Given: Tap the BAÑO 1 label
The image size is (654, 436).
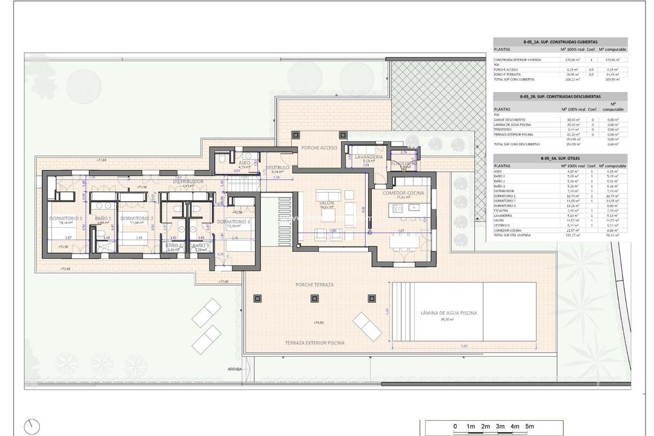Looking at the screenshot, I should click(102, 218).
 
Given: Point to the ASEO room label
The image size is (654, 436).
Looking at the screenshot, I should click(244, 163).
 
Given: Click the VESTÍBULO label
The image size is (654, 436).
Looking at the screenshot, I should click(278, 167).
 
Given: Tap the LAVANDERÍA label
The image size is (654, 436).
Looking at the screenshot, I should click(366, 156).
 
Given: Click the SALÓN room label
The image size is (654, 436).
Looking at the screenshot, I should click(327, 202).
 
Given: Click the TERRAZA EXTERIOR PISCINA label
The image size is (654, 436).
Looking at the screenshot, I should click(315, 343).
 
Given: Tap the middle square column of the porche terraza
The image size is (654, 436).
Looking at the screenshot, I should click(314, 297).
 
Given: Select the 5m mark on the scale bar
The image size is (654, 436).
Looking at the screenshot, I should click(530, 427).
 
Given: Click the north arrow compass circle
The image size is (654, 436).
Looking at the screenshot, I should click(32, 426).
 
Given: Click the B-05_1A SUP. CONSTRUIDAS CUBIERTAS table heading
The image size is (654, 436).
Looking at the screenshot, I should click(560, 42).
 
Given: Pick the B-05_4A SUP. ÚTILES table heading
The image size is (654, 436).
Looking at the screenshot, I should click(560, 158).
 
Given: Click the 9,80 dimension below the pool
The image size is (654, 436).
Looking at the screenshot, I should click(464, 346).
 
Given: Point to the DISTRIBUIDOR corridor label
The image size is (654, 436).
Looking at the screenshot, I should click(188, 181).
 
